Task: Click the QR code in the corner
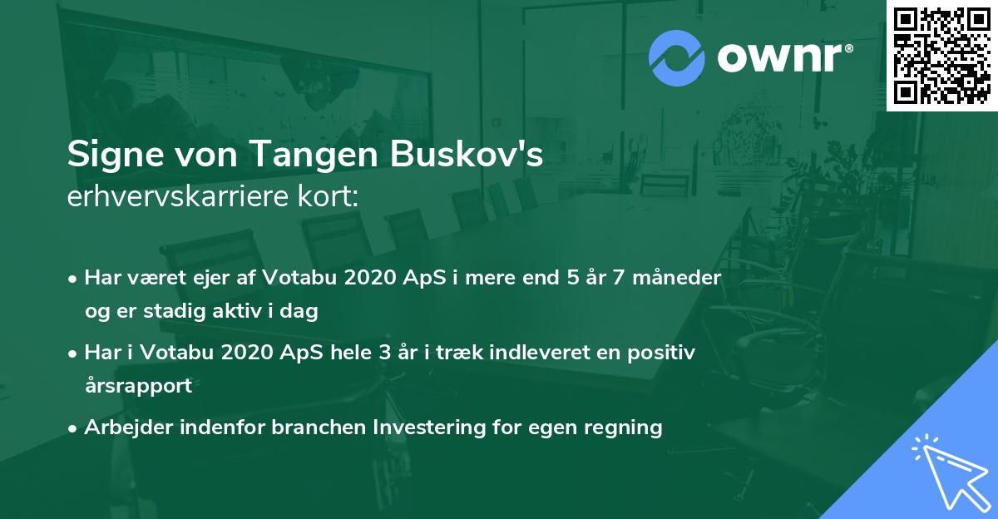pyautogui.click(x=941, y=55)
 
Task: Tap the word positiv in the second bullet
pyautogui.click(x=665, y=352)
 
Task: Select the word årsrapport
pyautogui.click(x=138, y=386)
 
